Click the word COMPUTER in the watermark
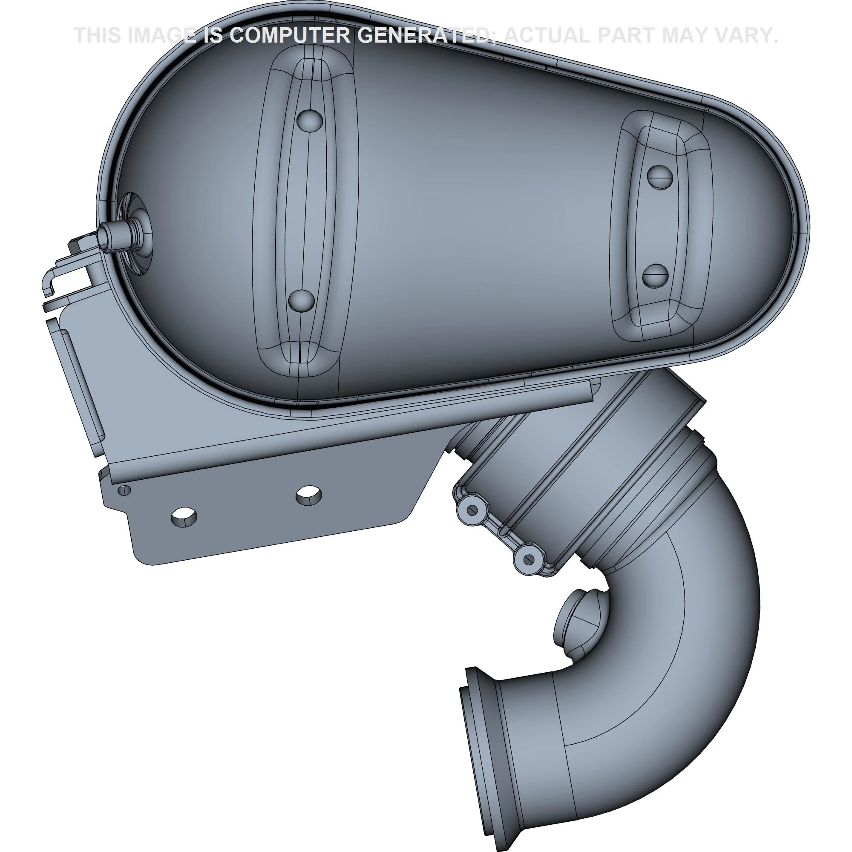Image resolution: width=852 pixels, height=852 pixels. [x=289, y=35]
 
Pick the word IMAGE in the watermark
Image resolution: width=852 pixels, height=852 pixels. [x=161, y=35]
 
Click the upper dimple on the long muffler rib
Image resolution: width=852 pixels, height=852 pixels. [x=310, y=120]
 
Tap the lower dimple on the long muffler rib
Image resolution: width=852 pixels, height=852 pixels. [x=302, y=301]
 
